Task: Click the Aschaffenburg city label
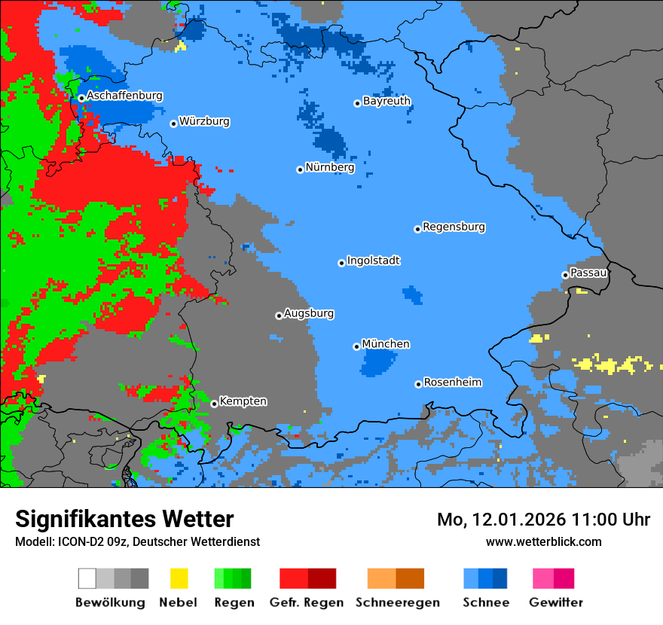point(124,96)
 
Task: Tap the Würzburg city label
point(204,122)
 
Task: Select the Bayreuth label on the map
point(386,101)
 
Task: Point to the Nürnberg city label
point(329,168)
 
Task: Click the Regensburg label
point(454,227)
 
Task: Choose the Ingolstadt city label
point(373,261)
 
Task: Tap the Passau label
point(588,273)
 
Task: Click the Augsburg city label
point(309,314)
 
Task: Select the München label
point(386,344)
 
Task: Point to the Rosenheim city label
point(452,383)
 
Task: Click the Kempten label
point(243,401)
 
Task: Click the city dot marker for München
point(356,346)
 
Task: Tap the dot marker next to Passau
point(565,275)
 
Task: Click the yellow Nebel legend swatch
point(179,578)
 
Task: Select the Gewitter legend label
point(555,602)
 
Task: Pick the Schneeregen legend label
point(396,602)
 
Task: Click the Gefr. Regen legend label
point(307,602)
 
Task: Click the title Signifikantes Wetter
point(124,519)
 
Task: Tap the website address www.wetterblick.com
point(543,541)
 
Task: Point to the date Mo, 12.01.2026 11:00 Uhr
point(543,520)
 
